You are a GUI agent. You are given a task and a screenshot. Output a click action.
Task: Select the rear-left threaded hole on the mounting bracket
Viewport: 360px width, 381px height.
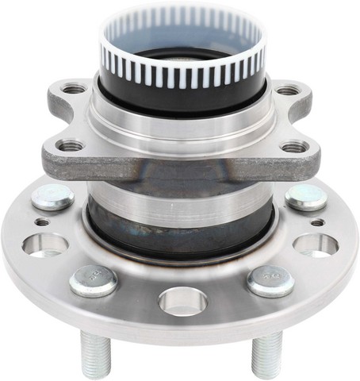point(75,89)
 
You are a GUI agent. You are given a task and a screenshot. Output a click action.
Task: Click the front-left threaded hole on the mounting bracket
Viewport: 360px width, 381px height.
point(71,145)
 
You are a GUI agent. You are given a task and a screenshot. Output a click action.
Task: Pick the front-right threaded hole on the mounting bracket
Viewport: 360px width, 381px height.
point(294,147)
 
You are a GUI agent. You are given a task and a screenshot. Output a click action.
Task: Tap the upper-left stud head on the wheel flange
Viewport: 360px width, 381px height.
point(53,197)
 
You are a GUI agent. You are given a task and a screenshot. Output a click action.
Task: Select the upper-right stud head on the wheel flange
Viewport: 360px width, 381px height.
point(306,198)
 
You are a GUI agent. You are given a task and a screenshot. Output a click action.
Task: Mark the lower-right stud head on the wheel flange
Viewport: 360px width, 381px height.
point(270,280)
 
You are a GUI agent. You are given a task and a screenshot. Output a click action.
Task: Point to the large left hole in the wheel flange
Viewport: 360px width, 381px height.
point(46,244)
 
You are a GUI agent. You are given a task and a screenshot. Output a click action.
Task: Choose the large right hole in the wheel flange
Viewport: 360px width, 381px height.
point(316,244)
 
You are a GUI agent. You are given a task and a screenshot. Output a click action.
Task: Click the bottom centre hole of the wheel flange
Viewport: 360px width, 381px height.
point(182,301)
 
